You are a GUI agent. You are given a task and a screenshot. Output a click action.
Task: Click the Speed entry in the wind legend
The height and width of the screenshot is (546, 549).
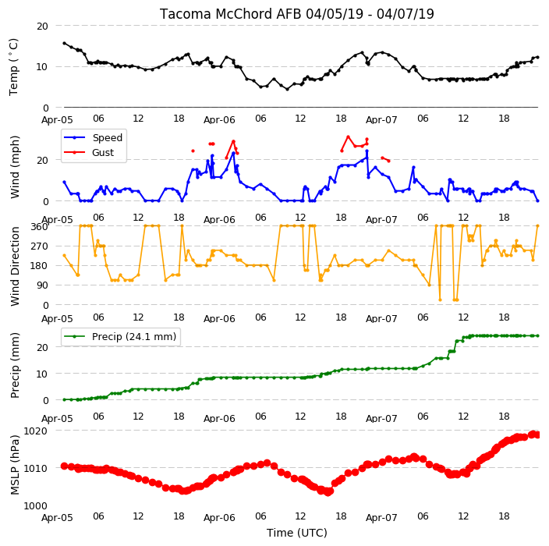[x=107, y=137]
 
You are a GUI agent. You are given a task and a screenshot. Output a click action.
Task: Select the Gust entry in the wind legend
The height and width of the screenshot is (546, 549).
[x=103, y=153]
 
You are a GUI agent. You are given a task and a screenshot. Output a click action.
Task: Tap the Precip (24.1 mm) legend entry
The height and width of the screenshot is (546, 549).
[x=134, y=336]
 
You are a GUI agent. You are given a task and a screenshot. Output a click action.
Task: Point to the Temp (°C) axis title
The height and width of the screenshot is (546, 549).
[x=13, y=67]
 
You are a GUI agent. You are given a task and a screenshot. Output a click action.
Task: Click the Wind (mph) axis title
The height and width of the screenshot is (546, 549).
[x=15, y=167]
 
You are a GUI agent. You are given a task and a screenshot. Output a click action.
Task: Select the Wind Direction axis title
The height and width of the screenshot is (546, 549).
[x=15, y=267]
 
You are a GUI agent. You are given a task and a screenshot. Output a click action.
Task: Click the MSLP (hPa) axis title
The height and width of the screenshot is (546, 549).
[x=15, y=465]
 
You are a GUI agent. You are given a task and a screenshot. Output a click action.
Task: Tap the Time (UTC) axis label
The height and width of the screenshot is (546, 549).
[x=297, y=533]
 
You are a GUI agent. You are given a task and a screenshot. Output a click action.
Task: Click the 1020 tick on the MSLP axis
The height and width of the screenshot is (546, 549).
[x=35, y=431]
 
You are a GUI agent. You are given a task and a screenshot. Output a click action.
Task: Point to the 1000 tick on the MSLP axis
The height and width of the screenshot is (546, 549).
[x=35, y=505]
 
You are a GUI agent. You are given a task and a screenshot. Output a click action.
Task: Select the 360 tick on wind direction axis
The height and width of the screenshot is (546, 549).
[x=39, y=227]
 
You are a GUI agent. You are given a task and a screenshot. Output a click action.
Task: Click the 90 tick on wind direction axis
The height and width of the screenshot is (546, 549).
[x=42, y=285]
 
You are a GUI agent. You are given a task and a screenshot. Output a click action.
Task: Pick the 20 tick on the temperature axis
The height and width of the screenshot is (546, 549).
[x=42, y=26]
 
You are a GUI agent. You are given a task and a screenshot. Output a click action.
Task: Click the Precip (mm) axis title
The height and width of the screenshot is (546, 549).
[x=15, y=365]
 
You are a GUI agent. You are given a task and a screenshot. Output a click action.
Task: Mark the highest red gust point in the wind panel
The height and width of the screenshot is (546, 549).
[x=348, y=137]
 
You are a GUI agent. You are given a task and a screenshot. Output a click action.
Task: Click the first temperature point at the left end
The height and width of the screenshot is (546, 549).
[x=64, y=43]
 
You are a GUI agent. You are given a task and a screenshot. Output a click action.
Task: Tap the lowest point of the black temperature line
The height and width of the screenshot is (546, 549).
[x=288, y=89]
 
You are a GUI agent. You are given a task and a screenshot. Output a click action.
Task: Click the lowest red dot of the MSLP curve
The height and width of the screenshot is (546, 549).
[x=328, y=492]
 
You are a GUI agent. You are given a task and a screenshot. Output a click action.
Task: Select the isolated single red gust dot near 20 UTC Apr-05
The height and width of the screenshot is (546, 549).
[x=193, y=151]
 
